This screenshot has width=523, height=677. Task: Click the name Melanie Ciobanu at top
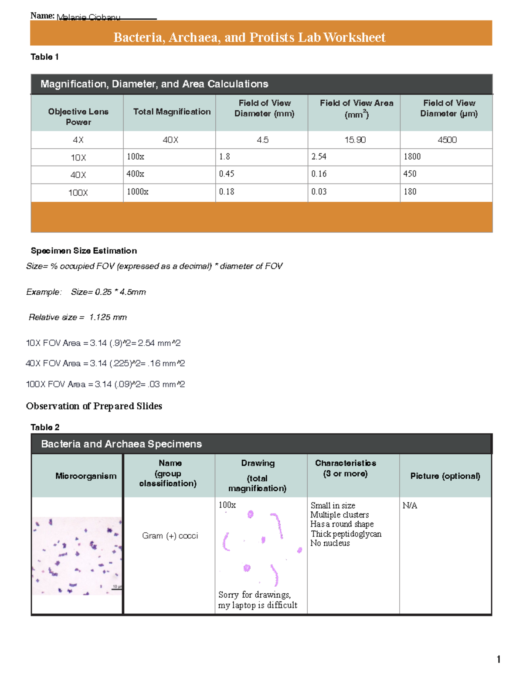click(88, 17)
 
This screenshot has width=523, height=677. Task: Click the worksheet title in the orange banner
click(249, 37)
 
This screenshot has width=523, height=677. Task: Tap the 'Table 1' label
click(44, 57)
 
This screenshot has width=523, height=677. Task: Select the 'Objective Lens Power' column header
click(78, 116)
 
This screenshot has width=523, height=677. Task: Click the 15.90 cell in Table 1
click(355, 140)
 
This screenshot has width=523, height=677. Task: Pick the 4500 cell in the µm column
click(447, 140)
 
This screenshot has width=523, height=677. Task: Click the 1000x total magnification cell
click(138, 192)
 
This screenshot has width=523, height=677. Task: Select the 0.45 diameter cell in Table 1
click(227, 174)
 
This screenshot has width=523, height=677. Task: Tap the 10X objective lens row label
click(78, 158)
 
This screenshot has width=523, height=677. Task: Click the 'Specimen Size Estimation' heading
click(84, 251)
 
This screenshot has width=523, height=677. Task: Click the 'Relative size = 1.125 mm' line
click(78, 317)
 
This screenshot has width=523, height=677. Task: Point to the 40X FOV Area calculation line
click(105, 364)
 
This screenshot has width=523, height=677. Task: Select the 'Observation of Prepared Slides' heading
click(94, 406)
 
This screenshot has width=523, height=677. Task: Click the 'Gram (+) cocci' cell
click(170, 536)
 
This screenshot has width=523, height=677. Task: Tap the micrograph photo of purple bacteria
click(77, 556)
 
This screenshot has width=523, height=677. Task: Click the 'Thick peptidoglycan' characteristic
click(346, 534)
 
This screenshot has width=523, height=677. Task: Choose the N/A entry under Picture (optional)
click(410, 506)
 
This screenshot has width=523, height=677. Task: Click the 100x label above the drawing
click(227, 505)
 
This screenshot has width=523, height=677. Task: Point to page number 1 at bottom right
click(498, 659)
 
